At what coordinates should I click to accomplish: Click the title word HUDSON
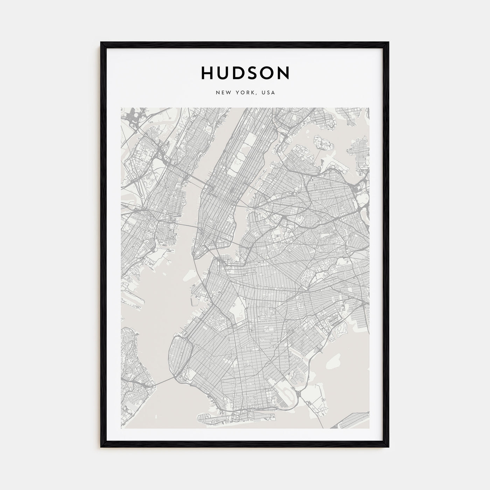click(245, 73)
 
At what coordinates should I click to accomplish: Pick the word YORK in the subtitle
click(245, 93)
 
